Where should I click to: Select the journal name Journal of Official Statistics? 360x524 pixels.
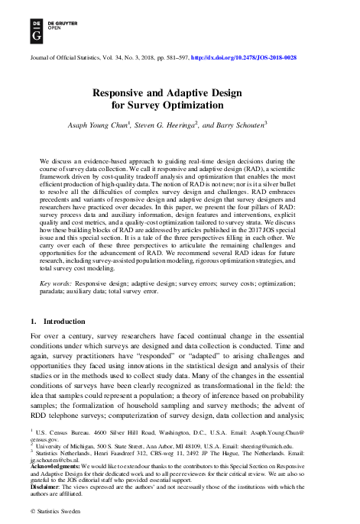point(68,57)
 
